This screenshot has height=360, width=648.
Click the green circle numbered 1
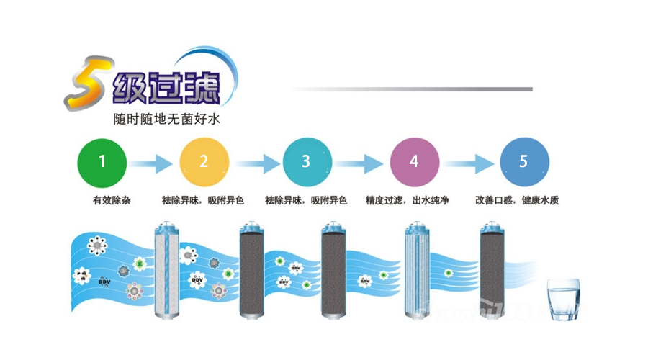pyautogui.click(x=102, y=162)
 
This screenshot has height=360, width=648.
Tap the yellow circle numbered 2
pyautogui.click(x=204, y=162)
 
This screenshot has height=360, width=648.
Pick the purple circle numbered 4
pyautogui.click(x=414, y=162)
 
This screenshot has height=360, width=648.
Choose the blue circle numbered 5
pyautogui.click(x=524, y=162)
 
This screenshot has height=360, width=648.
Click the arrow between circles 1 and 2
pyautogui.click(x=153, y=163)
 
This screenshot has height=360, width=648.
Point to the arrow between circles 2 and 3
pyautogui.click(x=255, y=163)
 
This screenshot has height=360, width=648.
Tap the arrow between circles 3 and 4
pyautogui.click(x=360, y=163)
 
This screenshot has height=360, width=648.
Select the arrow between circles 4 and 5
pyautogui.click(x=469, y=163)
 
